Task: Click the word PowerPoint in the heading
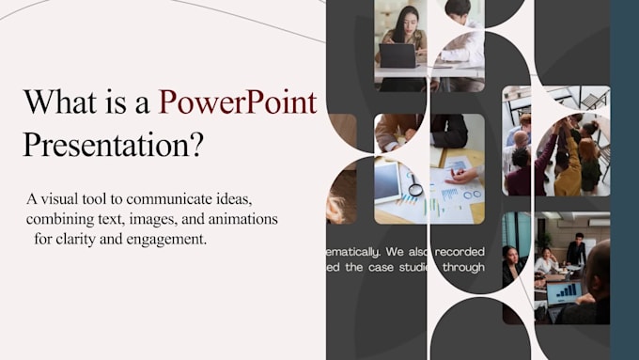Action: (x=238, y=102)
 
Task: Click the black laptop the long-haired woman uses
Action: (x=397, y=55)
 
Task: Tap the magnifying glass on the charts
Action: (x=414, y=185)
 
